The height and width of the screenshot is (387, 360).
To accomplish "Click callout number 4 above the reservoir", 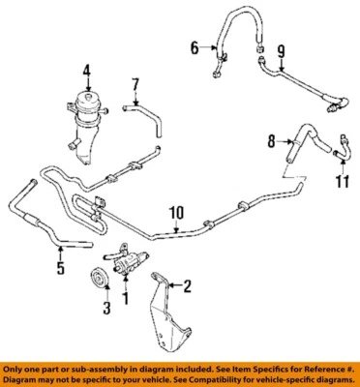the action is tap(85, 69).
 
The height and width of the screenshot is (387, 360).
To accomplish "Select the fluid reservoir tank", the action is tap(85, 111).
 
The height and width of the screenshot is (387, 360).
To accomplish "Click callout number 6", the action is tap(192, 46).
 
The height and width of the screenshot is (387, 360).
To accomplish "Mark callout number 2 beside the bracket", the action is tap(188, 284).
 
